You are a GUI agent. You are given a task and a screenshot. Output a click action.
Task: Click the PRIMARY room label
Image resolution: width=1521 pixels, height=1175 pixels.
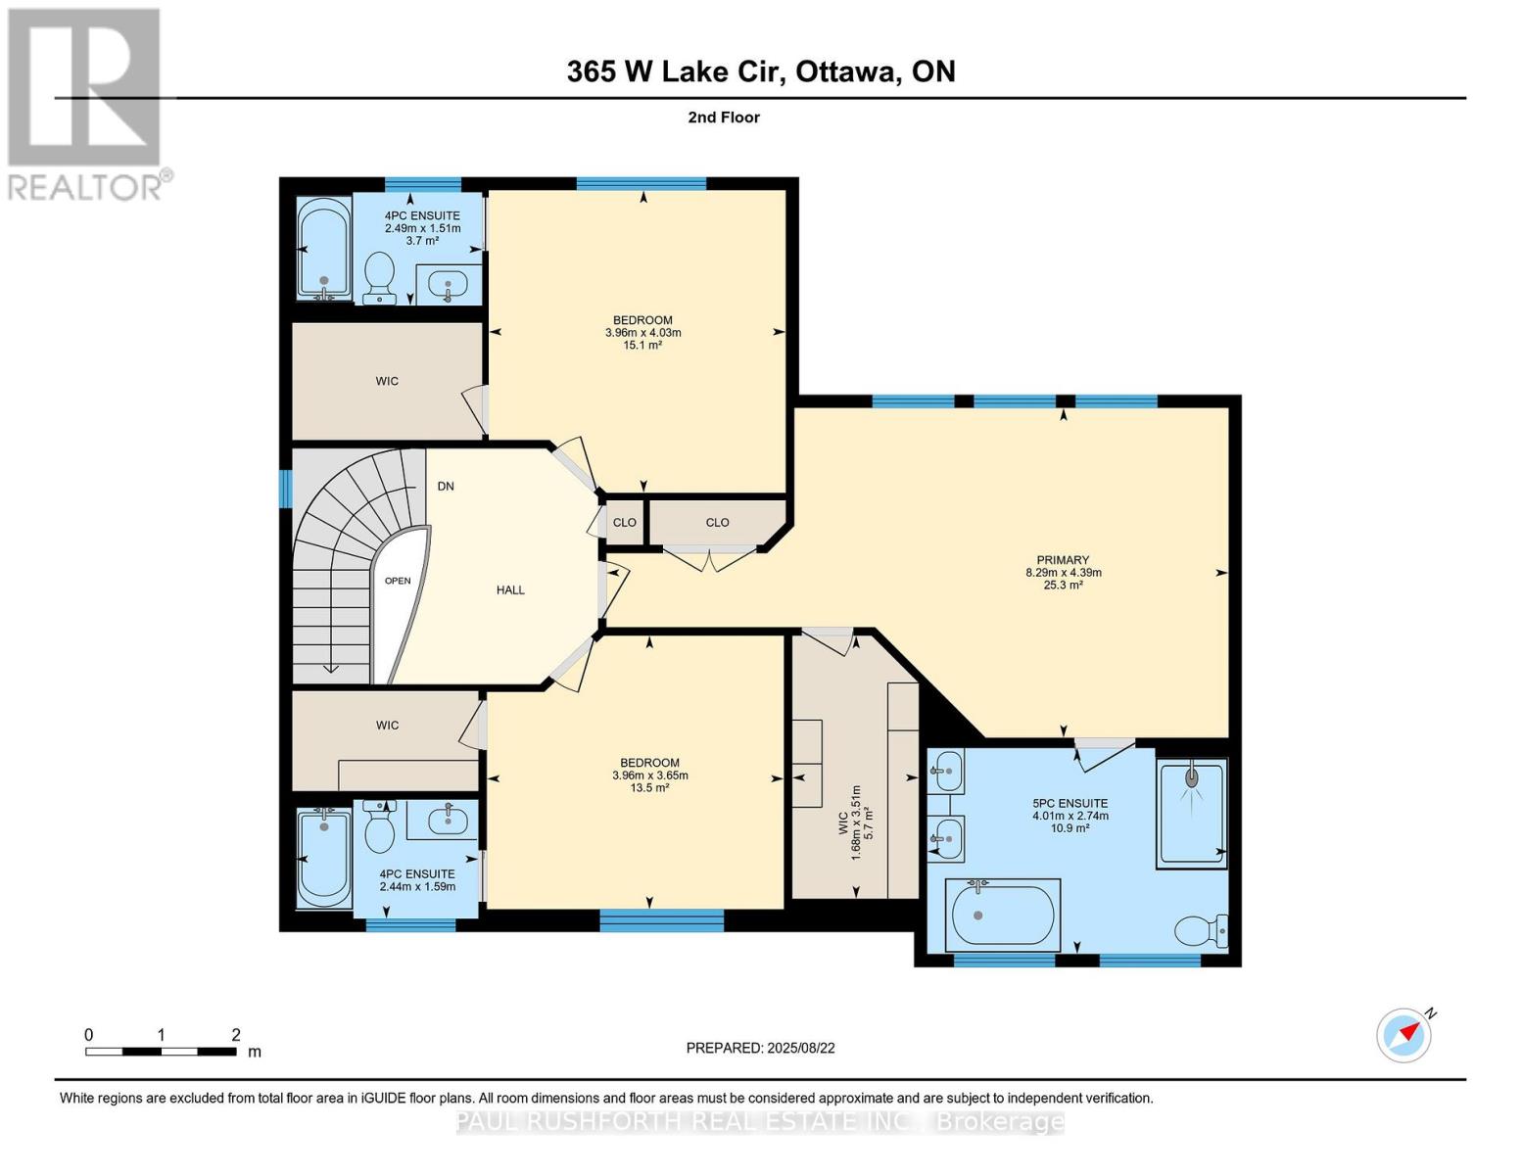tap(1063, 561)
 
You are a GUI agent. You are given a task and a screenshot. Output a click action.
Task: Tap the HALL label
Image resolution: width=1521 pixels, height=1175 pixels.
tap(510, 590)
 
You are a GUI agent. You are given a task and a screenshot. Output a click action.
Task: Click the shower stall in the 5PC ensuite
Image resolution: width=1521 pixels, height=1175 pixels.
tap(1191, 814)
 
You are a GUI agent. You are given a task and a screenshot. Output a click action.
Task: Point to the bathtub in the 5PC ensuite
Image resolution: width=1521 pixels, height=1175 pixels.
tap(1002, 916)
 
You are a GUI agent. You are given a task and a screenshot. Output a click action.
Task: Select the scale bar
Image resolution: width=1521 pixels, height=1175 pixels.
tap(161, 1052)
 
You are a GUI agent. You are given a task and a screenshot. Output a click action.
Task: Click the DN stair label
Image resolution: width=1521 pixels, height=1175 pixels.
tap(446, 487)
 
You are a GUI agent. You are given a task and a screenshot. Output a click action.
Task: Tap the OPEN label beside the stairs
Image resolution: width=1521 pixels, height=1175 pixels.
tap(398, 581)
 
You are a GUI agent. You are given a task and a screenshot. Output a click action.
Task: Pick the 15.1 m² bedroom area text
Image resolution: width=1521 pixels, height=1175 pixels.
tap(642, 345)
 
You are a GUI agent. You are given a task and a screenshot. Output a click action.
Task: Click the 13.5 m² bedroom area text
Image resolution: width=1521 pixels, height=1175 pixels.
tap(649, 787)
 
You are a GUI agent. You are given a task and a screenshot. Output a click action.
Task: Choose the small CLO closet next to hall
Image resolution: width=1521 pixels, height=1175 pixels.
tap(625, 523)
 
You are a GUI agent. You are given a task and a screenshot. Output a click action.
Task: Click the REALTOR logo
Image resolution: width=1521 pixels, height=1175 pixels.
tap(86, 103)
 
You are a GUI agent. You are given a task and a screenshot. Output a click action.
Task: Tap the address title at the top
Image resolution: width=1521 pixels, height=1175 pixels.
tap(760, 71)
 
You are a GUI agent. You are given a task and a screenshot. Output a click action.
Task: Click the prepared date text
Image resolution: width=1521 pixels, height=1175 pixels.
tap(760, 1048)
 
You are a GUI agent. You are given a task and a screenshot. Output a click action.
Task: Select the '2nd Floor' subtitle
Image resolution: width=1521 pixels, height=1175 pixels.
tap(724, 117)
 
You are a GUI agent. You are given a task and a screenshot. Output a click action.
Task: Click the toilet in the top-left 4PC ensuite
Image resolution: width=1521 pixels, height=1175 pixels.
tap(378, 277)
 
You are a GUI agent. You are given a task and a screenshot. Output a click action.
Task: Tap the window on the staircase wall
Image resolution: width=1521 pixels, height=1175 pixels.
tap(285, 489)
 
